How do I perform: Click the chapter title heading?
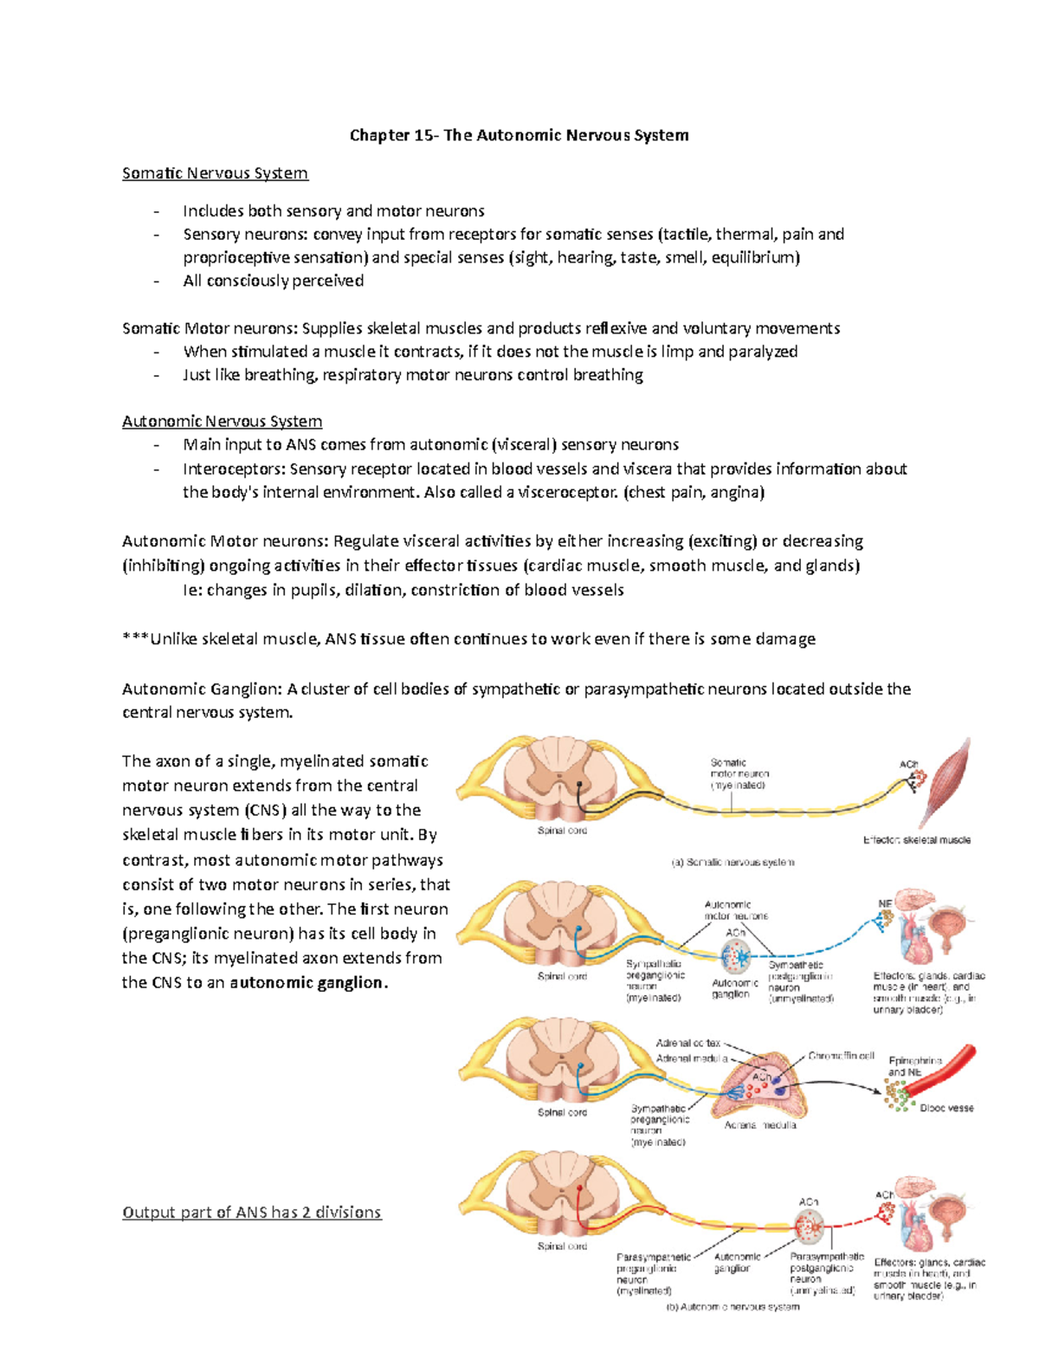click(x=519, y=135)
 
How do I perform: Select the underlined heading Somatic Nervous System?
click(x=215, y=173)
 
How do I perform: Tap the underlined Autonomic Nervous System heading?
click(x=222, y=422)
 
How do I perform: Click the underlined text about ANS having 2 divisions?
click(x=251, y=1212)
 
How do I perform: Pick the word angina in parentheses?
click(x=737, y=493)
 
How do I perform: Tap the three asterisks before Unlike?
click(x=135, y=639)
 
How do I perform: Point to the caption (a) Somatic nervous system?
click(x=732, y=863)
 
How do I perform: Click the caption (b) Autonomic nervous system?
click(x=732, y=1307)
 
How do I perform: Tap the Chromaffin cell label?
click(x=841, y=1057)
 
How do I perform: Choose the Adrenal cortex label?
click(x=687, y=1044)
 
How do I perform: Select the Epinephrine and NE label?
click(x=914, y=1066)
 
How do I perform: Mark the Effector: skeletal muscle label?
click(x=916, y=840)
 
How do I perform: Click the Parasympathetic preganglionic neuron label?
click(x=653, y=1274)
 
